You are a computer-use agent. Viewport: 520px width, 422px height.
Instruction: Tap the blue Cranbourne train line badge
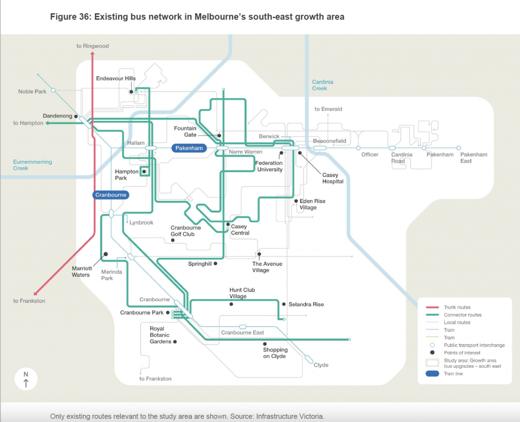click(x=111, y=194)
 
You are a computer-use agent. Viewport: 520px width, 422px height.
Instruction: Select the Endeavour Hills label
click(x=116, y=79)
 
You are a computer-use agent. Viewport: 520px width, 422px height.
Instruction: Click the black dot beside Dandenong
click(x=76, y=116)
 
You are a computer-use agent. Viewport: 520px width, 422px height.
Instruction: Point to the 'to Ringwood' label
click(x=92, y=46)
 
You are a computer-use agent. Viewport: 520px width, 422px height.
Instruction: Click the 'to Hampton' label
click(x=28, y=123)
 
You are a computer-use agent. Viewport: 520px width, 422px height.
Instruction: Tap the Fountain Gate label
click(x=185, y=132)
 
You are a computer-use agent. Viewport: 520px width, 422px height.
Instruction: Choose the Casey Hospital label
click(x=333, y=178)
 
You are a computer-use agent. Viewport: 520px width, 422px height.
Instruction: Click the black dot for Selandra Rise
click(x=284, y=304)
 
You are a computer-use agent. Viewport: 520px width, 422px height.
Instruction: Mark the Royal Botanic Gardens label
click(x=160, y=335)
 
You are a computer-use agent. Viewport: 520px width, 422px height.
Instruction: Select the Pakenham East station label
click(x=473, y=157)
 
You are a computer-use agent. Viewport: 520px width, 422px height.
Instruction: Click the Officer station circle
click(x=358, y=148)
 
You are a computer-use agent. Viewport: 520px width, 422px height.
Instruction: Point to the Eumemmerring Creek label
click(x=32, y=165)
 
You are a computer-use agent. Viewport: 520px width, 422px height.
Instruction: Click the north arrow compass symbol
click(x=26, y=379)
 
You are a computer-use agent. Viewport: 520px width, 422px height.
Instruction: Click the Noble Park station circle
click(x=53, y=90)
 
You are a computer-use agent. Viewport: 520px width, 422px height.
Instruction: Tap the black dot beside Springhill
click(x=216, y=264)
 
